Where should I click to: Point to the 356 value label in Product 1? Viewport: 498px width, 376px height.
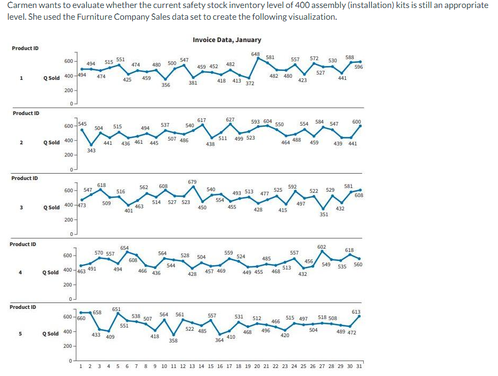(x=166, y=85)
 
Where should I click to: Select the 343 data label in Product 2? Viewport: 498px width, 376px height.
(x=92, y=151)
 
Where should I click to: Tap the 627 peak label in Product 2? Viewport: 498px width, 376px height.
(x=230, y=120)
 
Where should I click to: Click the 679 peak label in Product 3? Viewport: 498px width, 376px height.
(x=192, y=182)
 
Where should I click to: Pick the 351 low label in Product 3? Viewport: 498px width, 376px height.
(x=323, y=214)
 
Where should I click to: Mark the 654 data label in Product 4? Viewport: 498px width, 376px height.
(x=124, y=248)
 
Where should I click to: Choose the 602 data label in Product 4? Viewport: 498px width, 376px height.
(x=321, y=247)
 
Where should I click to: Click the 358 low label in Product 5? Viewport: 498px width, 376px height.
(x=173, y=340)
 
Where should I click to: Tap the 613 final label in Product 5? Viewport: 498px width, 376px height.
(x=356, y=312)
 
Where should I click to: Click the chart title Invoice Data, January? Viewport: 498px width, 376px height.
(x=227, y=40)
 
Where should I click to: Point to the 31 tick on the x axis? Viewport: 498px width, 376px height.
(x=358, y=367)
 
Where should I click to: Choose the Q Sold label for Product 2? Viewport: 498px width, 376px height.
(x=51, y=143)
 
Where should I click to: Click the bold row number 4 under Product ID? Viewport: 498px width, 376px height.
(x=20, y=272)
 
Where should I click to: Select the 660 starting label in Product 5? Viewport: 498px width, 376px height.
(x=81, y=318)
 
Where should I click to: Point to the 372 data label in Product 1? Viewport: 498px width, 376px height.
(x=250, y=83)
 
